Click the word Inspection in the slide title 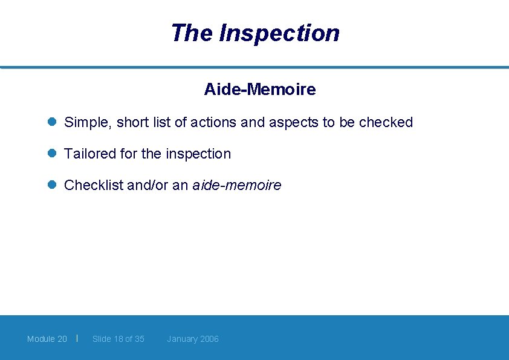tap(279, 33)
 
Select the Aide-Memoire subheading tap(260, 90)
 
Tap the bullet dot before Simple tap(52, 122)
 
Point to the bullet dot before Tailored tap(52, 154)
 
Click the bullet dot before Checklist tap(52, 185)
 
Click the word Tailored tap(90, 154)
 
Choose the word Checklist tap(94, 185)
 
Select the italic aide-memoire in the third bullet tap(236, 185)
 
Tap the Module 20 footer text tap(47, 339)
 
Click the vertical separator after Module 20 tap(78, 338)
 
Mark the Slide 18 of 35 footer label tap(118, 339)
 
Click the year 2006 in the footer tap(209, 339)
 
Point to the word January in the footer tap(182, 339)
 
